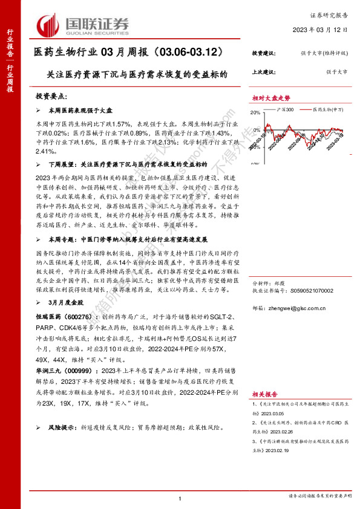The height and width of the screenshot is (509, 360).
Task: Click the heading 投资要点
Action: pyautogui.click(x=53, y=96)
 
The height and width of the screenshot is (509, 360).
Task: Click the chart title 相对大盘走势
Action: pyautogui.click(x=271, y=98)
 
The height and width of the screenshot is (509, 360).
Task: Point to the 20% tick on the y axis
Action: pyautogui.click(x=256, y=112)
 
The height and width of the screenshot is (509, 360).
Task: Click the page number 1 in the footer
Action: pyautogui.click(x=180, y=499)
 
